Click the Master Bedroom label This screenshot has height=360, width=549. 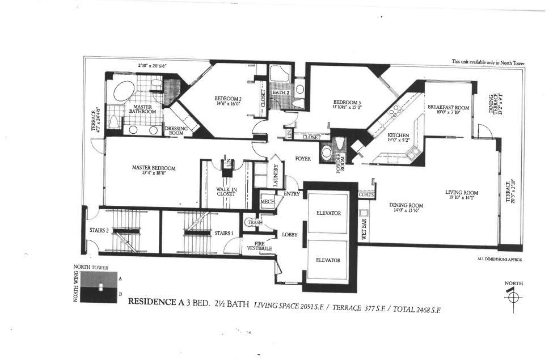point(154,168)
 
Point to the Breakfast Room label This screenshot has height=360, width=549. point(448,107)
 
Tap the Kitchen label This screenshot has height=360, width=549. point(398,136)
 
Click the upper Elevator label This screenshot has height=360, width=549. point(328,213)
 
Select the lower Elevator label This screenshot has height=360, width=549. point(328,260)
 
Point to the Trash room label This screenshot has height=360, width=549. point(254,223)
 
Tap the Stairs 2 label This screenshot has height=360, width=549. point(99,230)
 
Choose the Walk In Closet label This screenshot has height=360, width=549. point(226,192)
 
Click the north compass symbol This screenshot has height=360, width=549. point(513,296)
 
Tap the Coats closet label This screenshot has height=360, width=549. point(366,194)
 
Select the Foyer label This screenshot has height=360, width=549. point(303,159)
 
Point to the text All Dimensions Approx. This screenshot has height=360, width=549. point(500,259)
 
